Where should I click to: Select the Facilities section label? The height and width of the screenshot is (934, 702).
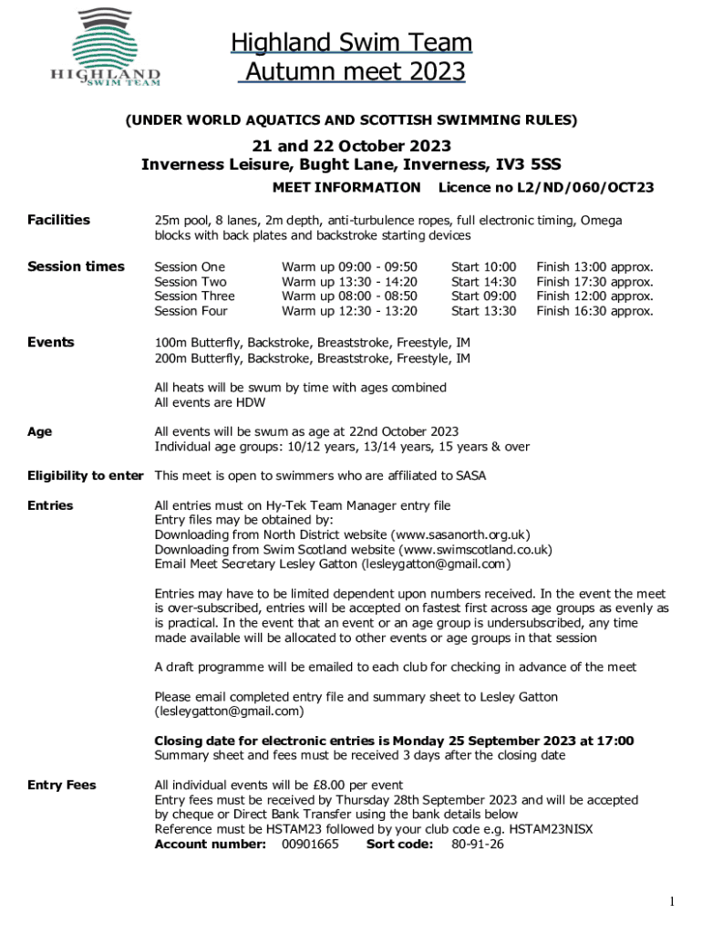pyautogui.click(x=58, y=220)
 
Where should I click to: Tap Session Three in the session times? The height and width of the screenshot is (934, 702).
pyautogui.click(x=194, y=296)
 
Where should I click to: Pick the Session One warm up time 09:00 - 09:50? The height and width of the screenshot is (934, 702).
pyautogui.click(x=349, y=267)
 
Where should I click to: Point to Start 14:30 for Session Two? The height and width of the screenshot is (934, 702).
pyautogui.click(x=483, y=282)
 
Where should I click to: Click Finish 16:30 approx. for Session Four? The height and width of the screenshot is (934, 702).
pyautogui.click(x=594, y=311)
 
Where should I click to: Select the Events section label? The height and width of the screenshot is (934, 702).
pyautogui.click(x=50, y=342)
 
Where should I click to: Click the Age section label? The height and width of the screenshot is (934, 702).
pyautogui.click(x=39, y=431)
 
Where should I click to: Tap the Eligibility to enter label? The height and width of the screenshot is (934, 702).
pyautogui.click(x=85, y=475)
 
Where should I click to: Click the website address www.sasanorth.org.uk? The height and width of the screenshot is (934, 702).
pyautogui.click(x=460, y=534)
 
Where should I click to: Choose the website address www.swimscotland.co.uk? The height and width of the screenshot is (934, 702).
pyautogui.click(x=477, y=549)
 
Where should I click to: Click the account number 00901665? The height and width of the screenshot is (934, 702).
pyautogui.click(x=310, y=844)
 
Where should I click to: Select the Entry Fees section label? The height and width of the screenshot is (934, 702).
pyautogui.click(x=61, y=785)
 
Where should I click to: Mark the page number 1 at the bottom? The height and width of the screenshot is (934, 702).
pyautogui.click(x=672, y=902)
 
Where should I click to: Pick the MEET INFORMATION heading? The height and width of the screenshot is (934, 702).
pyautogui.click(x=346, y=188)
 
